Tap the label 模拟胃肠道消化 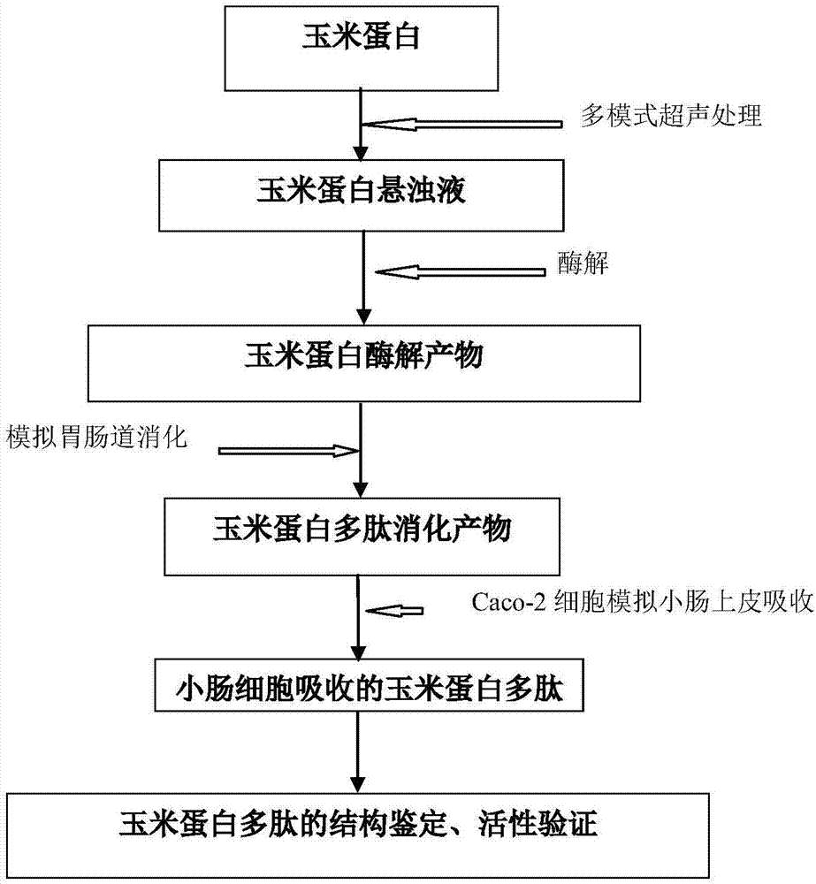96,435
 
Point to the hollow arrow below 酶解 461,272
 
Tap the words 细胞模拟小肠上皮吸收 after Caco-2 690,605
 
